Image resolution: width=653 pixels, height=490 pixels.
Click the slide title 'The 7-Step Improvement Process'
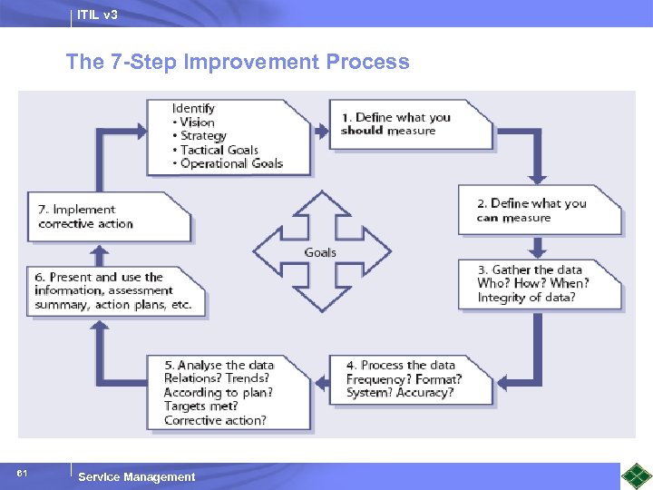click(237, 62)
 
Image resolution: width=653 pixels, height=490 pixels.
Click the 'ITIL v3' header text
click(97, 15)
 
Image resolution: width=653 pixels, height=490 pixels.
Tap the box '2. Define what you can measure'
click(539, 211)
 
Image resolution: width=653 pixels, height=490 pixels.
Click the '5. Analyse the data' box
click(227, 393)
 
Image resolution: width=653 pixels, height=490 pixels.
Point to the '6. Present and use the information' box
click(113, 291)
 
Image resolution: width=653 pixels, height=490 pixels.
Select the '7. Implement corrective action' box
click(107, 217)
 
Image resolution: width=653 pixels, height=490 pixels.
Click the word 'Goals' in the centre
click(320, 252)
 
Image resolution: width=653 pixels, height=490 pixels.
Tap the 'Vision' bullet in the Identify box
click(197, 122)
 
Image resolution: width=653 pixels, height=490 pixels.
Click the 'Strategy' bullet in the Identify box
click(203, 136)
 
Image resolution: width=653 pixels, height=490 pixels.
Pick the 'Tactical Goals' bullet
click(219, 150)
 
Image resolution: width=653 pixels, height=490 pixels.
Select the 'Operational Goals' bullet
click(231, 163)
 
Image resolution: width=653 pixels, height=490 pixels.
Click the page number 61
click(22, 474)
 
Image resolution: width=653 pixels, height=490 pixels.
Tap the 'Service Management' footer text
click(136, 476)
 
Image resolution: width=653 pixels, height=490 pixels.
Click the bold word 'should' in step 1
click(362, 131)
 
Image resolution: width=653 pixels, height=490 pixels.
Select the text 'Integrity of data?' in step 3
click(526, 298)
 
